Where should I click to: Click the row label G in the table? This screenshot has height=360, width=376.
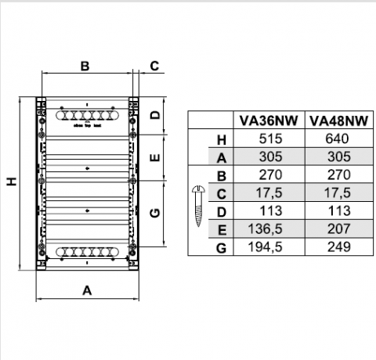(x=221, y=248)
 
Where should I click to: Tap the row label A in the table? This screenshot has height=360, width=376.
(x=221, y=157)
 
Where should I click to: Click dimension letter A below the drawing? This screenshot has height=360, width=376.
(x=88, y=290)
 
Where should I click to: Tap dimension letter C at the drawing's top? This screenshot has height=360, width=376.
(x=154, y=66)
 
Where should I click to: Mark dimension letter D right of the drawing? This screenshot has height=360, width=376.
(x=155, y=115)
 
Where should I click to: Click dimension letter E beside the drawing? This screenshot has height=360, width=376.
(x=155, y=157)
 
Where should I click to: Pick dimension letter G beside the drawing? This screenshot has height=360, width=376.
(x=155, y=212)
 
